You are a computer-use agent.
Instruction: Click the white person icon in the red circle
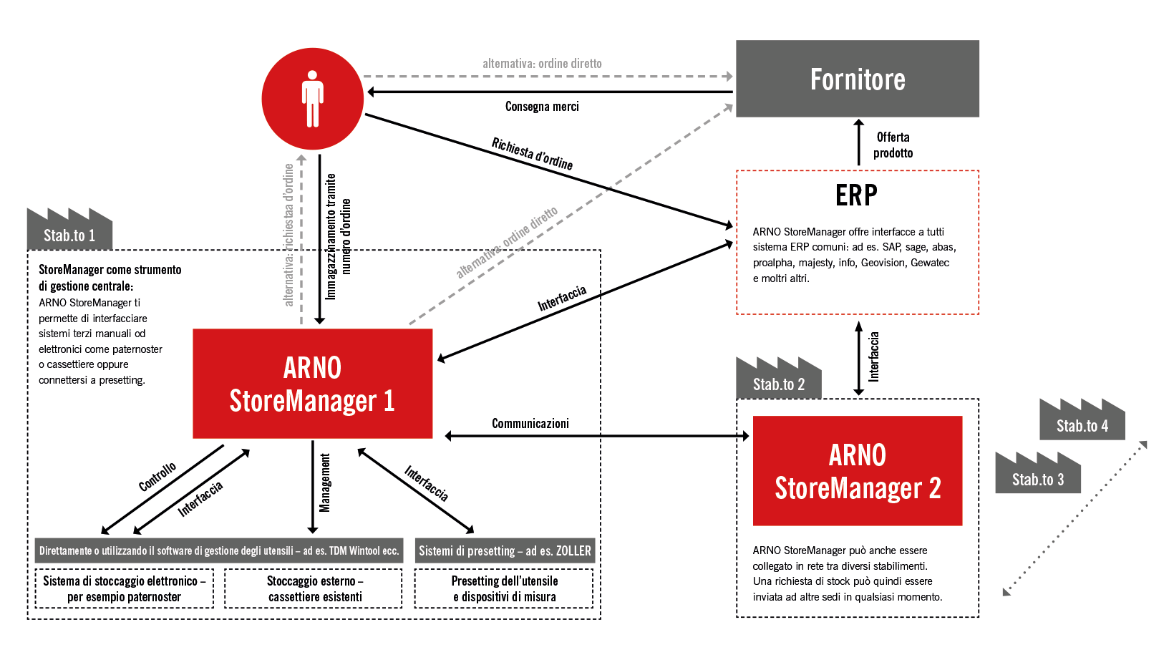313,99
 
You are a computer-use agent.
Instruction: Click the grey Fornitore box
857,79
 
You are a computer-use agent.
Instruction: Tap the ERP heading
856,195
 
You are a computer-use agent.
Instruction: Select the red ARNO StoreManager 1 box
313,384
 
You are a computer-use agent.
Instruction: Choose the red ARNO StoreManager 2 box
857,471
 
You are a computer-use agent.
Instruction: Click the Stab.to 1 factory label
69,235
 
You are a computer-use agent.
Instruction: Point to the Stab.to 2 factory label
779,384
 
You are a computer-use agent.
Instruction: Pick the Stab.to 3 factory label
1038,479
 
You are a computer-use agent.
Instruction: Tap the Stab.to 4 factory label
1082,425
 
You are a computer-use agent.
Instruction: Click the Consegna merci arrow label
542,107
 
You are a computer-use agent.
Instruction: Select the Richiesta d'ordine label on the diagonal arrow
532,154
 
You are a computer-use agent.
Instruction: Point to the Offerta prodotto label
893,145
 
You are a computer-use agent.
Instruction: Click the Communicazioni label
530,423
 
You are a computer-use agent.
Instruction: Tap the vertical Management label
325,483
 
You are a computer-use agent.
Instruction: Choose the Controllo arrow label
157,477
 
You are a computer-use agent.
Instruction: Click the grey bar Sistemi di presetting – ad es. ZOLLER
505,550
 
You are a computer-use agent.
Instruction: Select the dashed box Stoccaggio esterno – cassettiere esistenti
314,588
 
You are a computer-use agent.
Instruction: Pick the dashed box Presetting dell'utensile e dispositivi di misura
504,588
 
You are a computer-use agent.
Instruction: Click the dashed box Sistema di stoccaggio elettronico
124,588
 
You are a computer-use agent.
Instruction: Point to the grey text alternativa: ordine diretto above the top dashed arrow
542,64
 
